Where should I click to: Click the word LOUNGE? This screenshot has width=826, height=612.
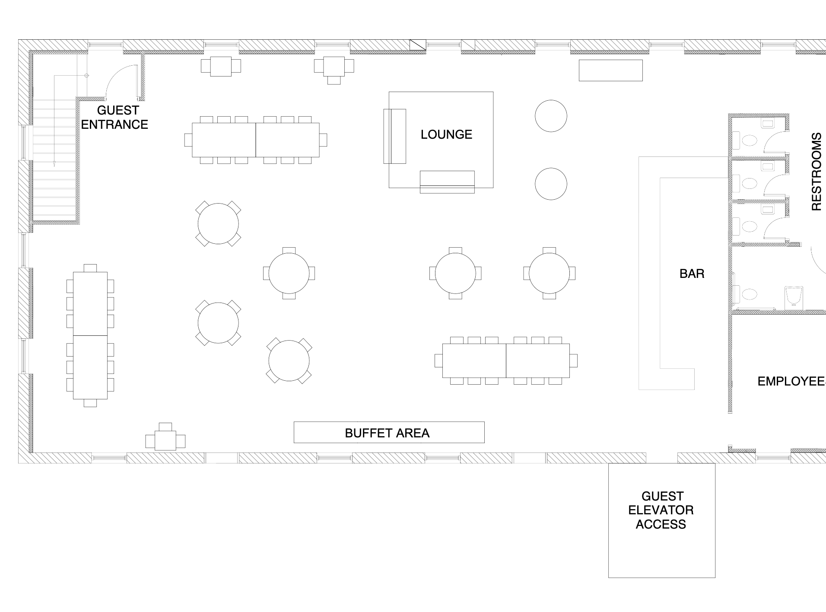tap(446, 134)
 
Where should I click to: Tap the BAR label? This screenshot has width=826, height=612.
tap(692, 274)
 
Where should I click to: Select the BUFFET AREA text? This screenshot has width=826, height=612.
tap(387, 433)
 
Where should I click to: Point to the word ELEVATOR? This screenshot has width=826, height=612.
tap(661, 510)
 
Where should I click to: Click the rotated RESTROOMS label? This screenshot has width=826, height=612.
tap(816, 172)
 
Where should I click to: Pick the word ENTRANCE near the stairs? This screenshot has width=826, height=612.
tap(114, 124)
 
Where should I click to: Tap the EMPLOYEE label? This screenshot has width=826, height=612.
tap(791, 381)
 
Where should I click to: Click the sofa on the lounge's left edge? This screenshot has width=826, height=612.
tap(394, 136)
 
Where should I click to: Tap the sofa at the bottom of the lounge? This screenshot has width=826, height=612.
tap(447, 182)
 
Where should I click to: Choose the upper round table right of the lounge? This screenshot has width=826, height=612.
tap(551, 116)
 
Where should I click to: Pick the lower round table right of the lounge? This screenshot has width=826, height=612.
tap(551, 184)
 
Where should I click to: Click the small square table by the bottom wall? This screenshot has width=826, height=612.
tap(165, 440)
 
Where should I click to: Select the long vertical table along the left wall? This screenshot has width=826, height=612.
tap(90, 335)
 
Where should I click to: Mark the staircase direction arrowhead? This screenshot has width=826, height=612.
tap(54, 164)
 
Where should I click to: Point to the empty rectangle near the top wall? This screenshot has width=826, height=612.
tap(610, 70)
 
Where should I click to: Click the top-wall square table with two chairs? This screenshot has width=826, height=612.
tap(221, 66)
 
